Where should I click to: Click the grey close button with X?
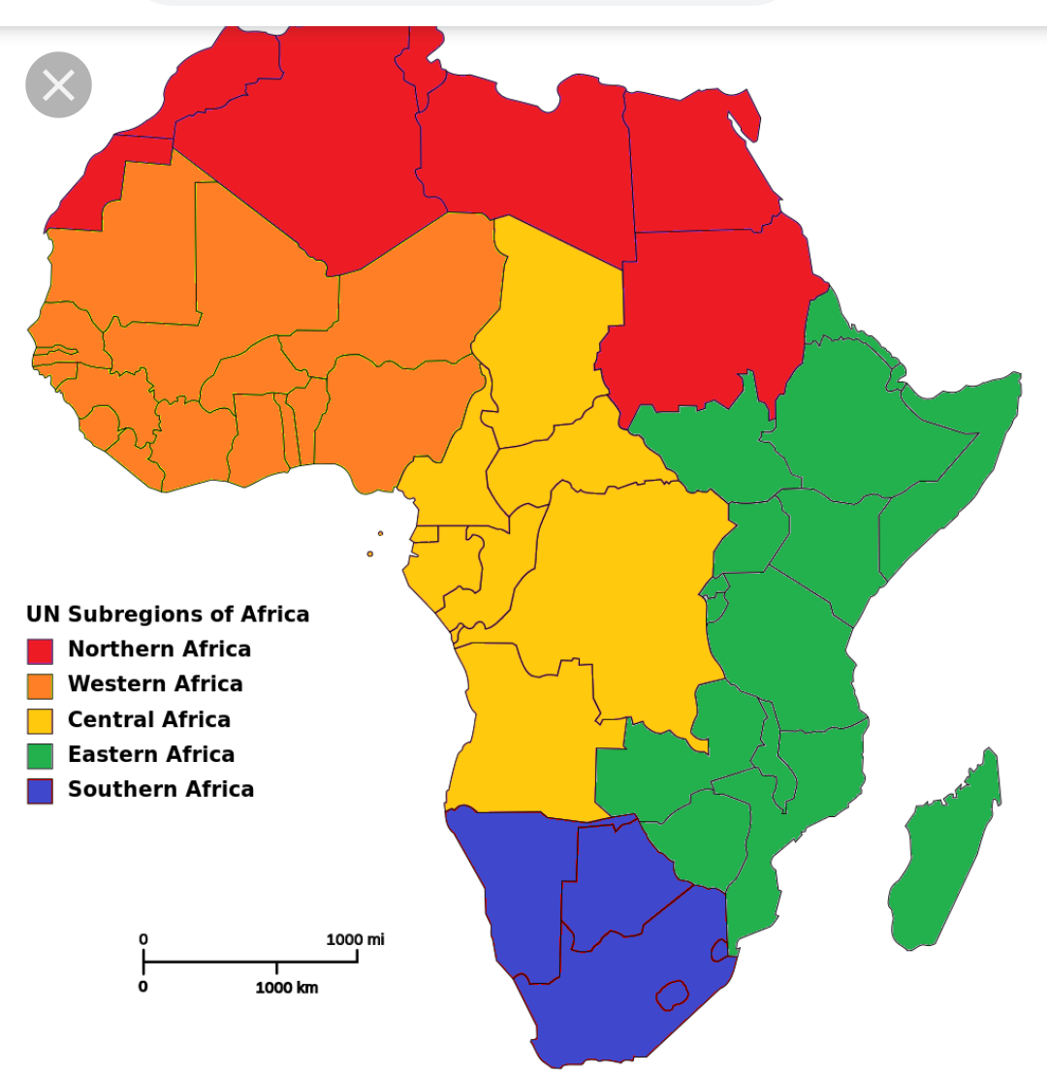click(58, 85)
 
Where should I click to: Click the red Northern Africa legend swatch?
click(40, 650)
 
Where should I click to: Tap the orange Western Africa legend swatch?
click(40, 685)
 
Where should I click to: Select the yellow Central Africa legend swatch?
click(40, 720)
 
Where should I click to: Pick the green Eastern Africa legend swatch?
click(40, 755)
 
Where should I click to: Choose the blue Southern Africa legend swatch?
click(40, 790)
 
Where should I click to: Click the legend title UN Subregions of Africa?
click(168, 615)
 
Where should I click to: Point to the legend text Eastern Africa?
click(151, 754)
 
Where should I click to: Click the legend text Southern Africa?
click(161, 789)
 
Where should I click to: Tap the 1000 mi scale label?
click(355, 939)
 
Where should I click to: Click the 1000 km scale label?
click(286, 988)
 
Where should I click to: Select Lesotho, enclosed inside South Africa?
click(671, 995)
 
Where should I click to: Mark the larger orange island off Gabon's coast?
click(370, 553)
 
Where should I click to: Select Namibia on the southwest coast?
click(514, 892)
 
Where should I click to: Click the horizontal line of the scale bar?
click(250, 962)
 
